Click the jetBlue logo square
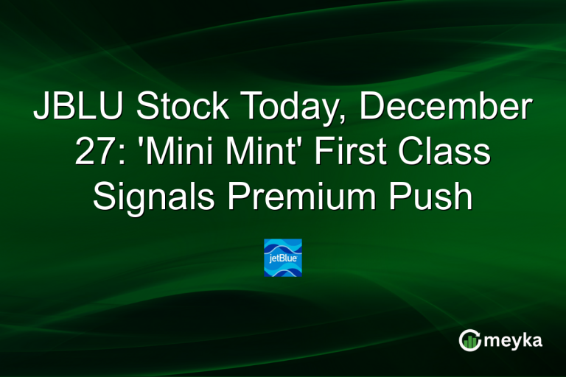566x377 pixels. pos(283,258)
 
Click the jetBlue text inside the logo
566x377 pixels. pos(282,258)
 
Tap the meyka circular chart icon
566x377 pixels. pos(469,339)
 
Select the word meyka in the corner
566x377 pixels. pos(514,341)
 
